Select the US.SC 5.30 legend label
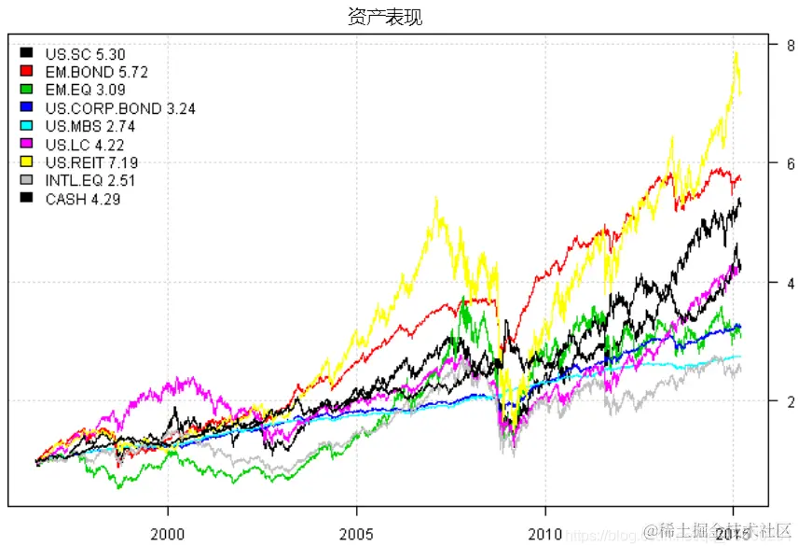[x=85, y=54]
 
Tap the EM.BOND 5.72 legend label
[x=97, y=72]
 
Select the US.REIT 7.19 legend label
[x=90, y=162]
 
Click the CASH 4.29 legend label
[x=83, y=199]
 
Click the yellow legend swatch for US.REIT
[x=27, y=162]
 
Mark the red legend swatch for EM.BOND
[x=27, y=72]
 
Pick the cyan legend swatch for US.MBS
[x=27, y=127]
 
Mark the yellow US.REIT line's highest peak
[x=736, y=51]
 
